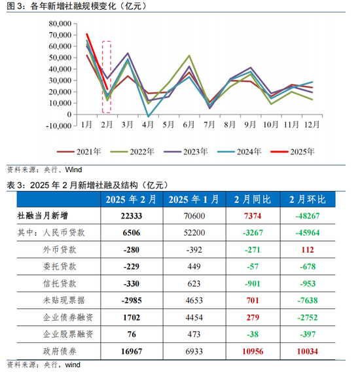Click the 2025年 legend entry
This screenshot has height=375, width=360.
[x=293, y=152]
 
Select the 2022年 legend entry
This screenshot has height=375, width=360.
[x=132, y=152]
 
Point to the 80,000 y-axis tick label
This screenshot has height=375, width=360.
[x=60, y=24]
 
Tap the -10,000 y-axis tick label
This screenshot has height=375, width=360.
[x=59, y=126]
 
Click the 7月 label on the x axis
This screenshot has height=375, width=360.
[x=209, y=124]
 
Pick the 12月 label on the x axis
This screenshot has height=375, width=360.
[x=312, y=124]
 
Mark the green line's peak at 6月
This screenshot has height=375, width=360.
[x=189, y=56]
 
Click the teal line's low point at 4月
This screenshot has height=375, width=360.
[x=149, y=116]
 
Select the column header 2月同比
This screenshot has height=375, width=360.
[x=253, y=200]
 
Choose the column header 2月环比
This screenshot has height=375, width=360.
[x=308, y=200]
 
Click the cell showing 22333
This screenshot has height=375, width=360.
[x=132, y=216]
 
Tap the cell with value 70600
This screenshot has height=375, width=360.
[x=194, y=216]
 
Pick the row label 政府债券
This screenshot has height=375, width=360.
[x=60, y=351]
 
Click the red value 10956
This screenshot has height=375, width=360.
[x=253, y=351]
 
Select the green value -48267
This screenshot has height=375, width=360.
[x=308, y=216]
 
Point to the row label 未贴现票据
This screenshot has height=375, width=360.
[x=64, y=300]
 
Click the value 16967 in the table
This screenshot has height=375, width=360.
[x=132, y=351]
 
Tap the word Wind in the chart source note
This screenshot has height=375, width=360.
[x=73, y=170]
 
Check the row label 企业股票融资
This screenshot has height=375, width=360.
[x=68, y=334]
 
